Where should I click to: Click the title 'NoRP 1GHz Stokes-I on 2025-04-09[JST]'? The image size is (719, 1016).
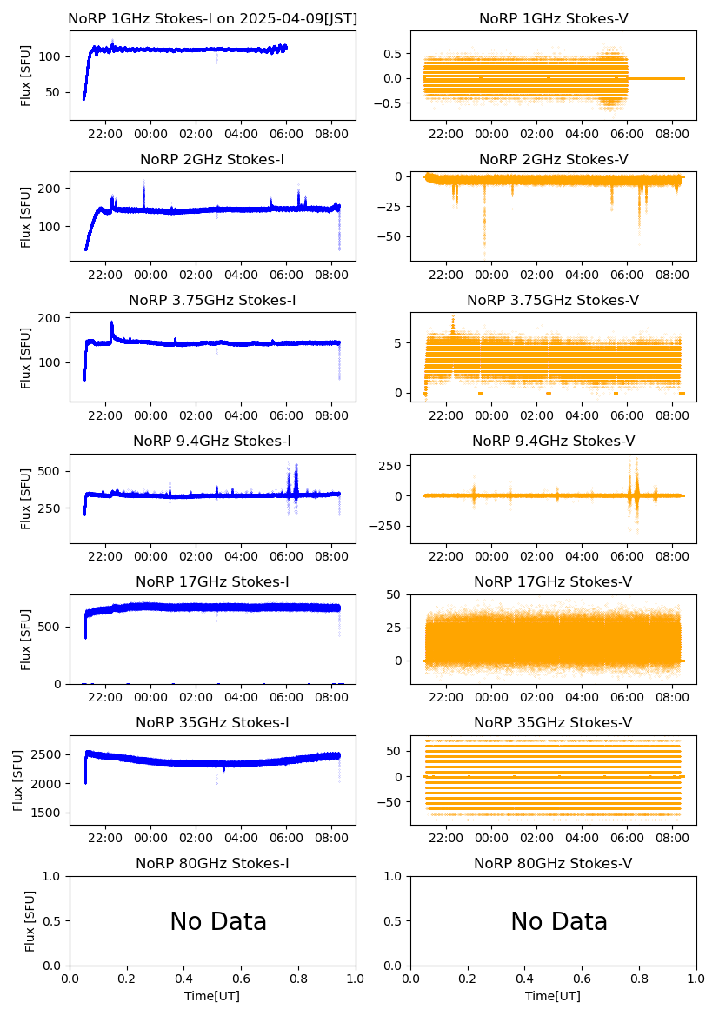212,18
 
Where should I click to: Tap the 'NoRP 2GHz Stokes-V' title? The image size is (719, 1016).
553,159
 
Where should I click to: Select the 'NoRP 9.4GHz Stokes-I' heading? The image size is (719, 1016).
212,441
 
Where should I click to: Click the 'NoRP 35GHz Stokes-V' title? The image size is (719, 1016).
553,722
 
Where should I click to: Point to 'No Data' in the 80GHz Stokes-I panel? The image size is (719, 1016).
218,921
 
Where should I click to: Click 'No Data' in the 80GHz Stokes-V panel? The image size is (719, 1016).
559,921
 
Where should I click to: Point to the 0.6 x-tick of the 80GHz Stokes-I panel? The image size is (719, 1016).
241,979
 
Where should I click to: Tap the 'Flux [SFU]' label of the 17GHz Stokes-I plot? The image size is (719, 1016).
26,639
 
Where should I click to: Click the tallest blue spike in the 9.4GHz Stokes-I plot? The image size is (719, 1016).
296,466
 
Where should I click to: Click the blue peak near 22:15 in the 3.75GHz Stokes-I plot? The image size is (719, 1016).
111,323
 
